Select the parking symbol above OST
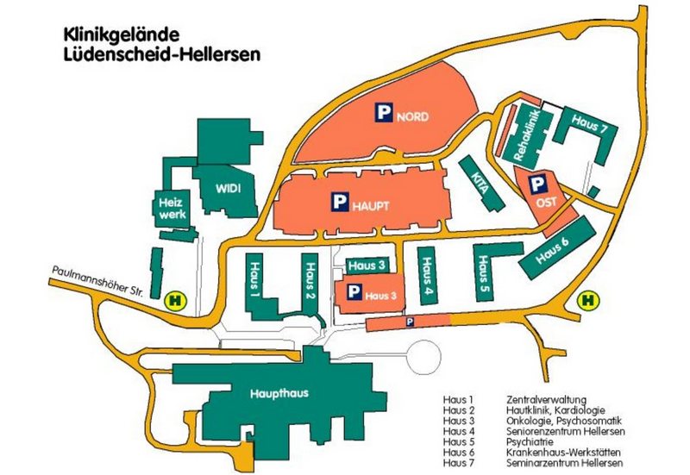[x=537, y=184]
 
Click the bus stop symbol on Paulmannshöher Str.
[x=175, y=301]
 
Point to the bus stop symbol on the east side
[x=589, y=300]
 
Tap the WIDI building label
[x=227, y=187]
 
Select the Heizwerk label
[x=168, y=208]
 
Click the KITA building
[x=481, y=182]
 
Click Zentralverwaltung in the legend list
[x=546, y=399]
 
